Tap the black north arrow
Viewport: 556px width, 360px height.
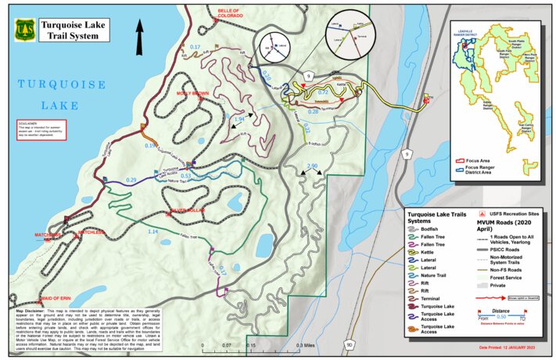[142, 34]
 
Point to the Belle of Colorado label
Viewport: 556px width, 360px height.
[229, 13]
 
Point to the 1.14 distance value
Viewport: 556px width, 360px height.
[153, 232]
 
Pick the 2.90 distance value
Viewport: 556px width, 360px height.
[312, 166]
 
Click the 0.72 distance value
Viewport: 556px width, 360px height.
[322, 92]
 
